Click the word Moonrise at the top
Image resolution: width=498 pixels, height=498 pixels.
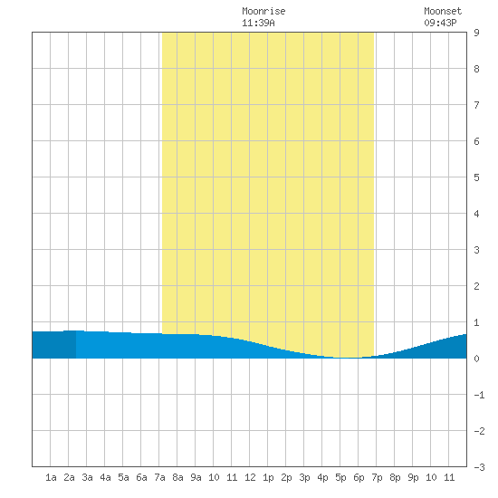(x=263, y=11)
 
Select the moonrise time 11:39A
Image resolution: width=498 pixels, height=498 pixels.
(x=258, y=23)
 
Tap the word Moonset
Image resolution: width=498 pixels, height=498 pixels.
(x=443, y=11)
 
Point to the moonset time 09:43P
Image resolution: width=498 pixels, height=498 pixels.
(x=440, y=23)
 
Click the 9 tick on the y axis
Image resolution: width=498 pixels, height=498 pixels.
(x=476, y=33)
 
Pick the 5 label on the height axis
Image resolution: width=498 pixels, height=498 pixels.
(x=476, y=177)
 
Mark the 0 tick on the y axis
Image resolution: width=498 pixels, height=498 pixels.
(x=476, y=359)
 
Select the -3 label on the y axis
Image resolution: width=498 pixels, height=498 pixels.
(x=479, y=467)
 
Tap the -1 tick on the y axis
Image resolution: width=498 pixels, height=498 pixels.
(x=479, y=395)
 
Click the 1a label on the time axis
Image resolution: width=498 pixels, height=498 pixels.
(x=51, y=477)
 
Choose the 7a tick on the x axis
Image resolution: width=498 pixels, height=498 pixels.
(x=159, y=477)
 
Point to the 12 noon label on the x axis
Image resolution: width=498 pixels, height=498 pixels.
(x=250, y=477)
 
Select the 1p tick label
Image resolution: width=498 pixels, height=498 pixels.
(x=268, y=477)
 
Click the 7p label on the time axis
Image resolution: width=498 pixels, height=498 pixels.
(x=377, y=477)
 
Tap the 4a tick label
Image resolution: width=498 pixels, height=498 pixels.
(x=105, y=477)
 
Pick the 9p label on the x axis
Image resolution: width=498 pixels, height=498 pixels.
(x=413, y=477)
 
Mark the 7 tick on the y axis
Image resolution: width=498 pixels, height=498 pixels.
(x=476, y=105)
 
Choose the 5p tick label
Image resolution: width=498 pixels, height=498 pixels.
(x=340, y=477)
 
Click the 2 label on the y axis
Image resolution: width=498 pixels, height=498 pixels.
(x=476, y=286)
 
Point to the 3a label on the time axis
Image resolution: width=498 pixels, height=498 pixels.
(x=87, y=477)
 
